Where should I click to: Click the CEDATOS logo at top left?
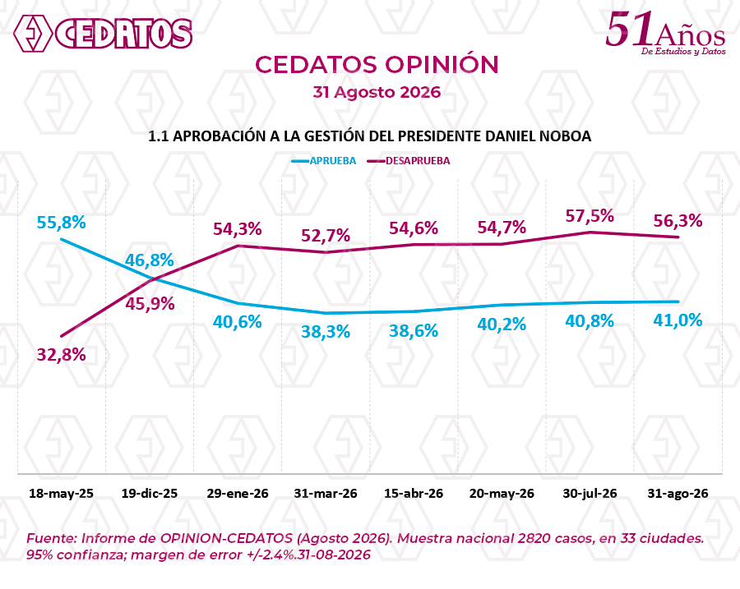pos(103,33)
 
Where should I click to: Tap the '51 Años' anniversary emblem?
pos(665,33)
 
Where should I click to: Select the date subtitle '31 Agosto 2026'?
pos(377,92)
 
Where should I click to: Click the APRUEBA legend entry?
pos(324,161)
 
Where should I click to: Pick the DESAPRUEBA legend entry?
pos(408,161)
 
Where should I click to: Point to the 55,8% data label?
pos(62,222)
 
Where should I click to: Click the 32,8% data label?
pos(62,354)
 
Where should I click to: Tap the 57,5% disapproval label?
pos(590,216)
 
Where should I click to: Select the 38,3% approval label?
pos(326,332)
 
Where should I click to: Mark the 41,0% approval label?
pos(678,320)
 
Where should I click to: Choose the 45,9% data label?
pos(150,304)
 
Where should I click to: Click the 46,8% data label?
pos(149,260)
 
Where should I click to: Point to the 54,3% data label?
pos(238,228)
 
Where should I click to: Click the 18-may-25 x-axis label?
pos(62,493)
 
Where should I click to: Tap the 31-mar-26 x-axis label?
pos(326,493)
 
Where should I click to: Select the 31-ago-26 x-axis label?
pos(678,493)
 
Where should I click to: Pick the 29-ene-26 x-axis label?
pos(238,493)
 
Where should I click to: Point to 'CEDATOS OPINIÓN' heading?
pos(377,65)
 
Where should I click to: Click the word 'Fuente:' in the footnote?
pos(52,538)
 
